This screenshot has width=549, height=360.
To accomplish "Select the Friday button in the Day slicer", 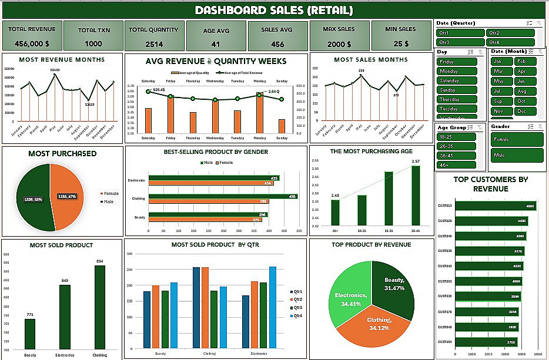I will click(x=457, y=62).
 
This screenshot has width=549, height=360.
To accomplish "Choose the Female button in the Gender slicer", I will click(x=517, y=140).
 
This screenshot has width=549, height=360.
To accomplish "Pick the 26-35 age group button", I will click(x=456, y=146).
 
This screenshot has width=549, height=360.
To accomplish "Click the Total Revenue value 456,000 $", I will click(x=32, y=44).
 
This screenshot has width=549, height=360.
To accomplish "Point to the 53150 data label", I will click(x=54, y=70).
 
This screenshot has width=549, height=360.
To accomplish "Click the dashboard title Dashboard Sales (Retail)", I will click(x=274, y=10).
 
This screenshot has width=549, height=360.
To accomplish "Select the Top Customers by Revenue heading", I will click(x=491, y=183).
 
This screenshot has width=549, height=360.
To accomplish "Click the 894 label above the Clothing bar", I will click(x=99, y=261).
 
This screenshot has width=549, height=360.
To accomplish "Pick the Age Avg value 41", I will click(x=216, y=44).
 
